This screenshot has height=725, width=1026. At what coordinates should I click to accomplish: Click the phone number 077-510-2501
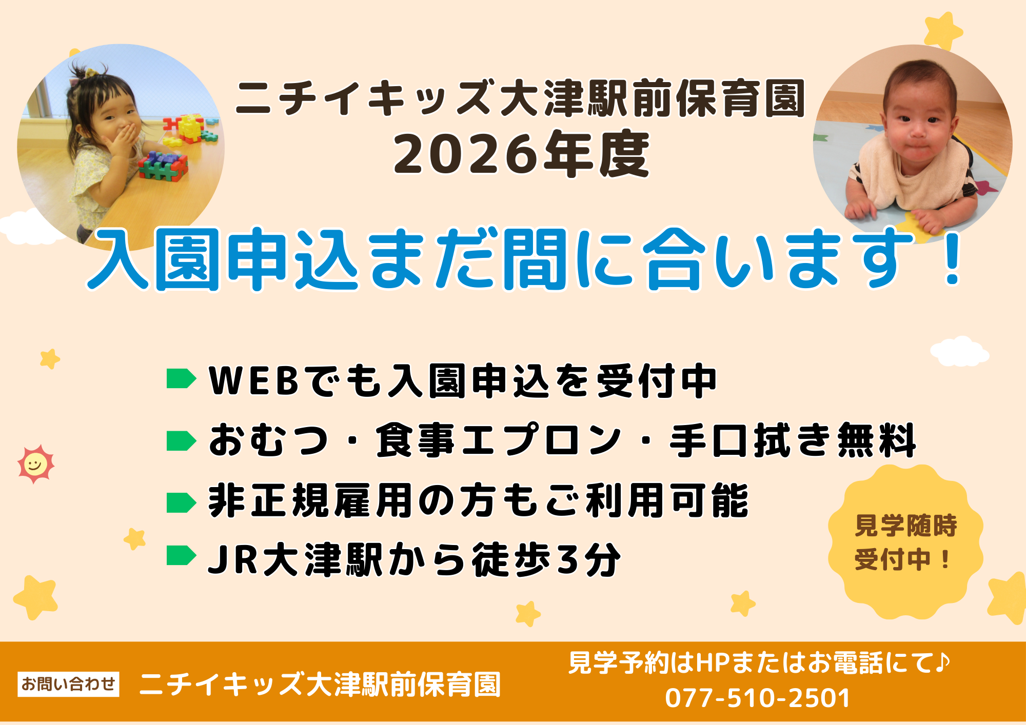tap(757, 698)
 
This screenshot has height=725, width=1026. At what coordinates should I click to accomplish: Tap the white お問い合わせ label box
tap(68, 684)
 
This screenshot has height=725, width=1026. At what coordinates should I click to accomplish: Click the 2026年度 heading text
tap(521, 154)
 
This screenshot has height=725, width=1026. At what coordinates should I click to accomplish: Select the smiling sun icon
tap(35, 465)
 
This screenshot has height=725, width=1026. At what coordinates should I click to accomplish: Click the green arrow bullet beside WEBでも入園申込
tap(181, 379)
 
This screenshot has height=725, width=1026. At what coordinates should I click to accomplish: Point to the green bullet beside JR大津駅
tap(181, 555)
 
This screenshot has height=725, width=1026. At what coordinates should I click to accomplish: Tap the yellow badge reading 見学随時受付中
tap(905, 541)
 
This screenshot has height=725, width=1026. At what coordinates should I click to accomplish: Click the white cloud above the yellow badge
tap(959, 352)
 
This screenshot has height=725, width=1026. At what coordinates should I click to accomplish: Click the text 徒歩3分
tap(546, 560)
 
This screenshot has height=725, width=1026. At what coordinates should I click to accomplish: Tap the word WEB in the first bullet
tap(254, 380)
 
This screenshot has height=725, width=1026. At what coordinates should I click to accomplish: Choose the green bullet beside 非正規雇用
tap(181, 502)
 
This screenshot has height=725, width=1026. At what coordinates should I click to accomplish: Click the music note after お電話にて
tap(942, 662)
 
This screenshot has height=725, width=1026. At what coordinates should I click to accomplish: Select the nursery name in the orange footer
tap(320, 684)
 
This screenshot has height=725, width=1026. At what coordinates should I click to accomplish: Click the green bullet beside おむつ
tap(181, 441)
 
